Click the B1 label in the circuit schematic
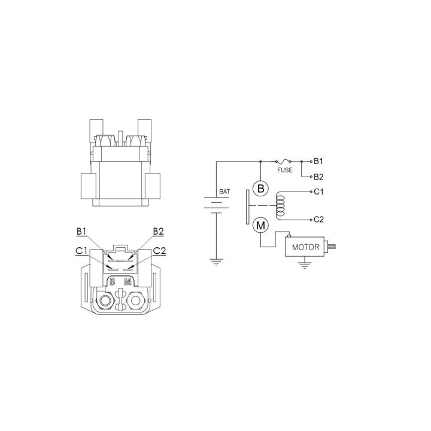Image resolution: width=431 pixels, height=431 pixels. point(318,161)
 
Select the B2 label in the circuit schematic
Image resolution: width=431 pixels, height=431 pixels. point(318,177)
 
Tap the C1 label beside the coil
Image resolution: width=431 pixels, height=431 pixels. point(318,192)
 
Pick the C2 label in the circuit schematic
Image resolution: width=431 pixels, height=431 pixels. point(319,219)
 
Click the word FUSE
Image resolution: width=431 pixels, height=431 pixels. point(285,170)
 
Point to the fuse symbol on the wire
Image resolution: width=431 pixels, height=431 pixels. point(283,161)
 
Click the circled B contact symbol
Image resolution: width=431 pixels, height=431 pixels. point(260,189)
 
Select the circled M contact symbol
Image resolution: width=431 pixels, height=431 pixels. point(260,226)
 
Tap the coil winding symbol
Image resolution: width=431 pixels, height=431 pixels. point(280,205)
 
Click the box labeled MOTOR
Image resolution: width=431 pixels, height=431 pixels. point(305,247)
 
